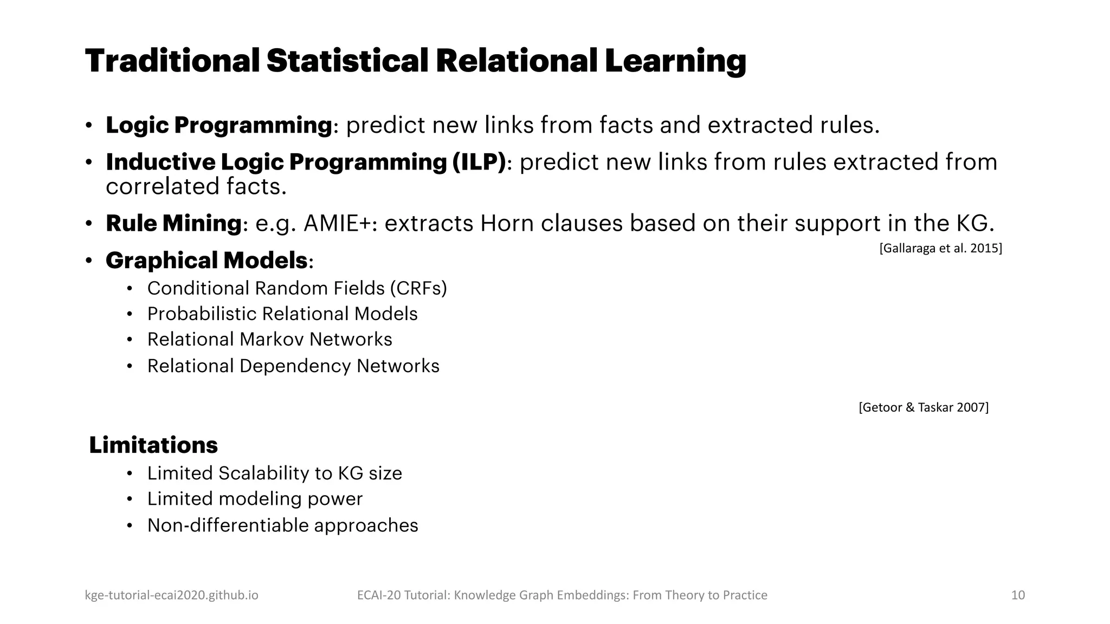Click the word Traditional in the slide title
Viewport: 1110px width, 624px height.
pyautogui.click(x=172, y=61)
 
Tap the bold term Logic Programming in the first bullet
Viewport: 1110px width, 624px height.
pyautogui.click(x=218, y=125)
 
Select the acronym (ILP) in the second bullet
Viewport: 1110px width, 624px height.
pyautogui.click(x=479, y=162)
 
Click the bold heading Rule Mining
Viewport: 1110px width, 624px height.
pyautogui.click(x=173, y=223)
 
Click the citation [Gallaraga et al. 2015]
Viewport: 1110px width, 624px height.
pyautogui.click(x=940, y=248)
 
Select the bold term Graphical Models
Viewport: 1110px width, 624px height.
pyautogui.click(x=206, y=261)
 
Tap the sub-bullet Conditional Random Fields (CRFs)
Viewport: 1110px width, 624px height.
pyautogui.click(x=297, y=288)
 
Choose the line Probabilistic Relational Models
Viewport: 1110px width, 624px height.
pyautogui.click(x=282, y=314)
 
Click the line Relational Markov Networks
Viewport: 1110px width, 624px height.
pyautogui.click(x=269, y=340)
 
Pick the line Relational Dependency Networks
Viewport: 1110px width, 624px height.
pyautogui.click(x=293, y=366)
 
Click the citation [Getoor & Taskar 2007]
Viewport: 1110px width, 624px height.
pyautogui.click(x=924, y=407)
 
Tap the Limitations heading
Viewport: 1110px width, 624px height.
pyautogui.click(x=153, y=445)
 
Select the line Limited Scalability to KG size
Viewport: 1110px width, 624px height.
pyautogui.click(x=274, y=473)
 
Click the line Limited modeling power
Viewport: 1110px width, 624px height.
pyautogui.click(x=255, y=499)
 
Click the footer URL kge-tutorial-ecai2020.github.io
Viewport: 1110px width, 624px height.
pyautogui.click(x=171, y=595)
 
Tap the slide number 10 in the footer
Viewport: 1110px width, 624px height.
pyautogui.click(x=1018, y=595)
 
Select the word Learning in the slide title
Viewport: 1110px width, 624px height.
pyautogui.click(x=675, y=61)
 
